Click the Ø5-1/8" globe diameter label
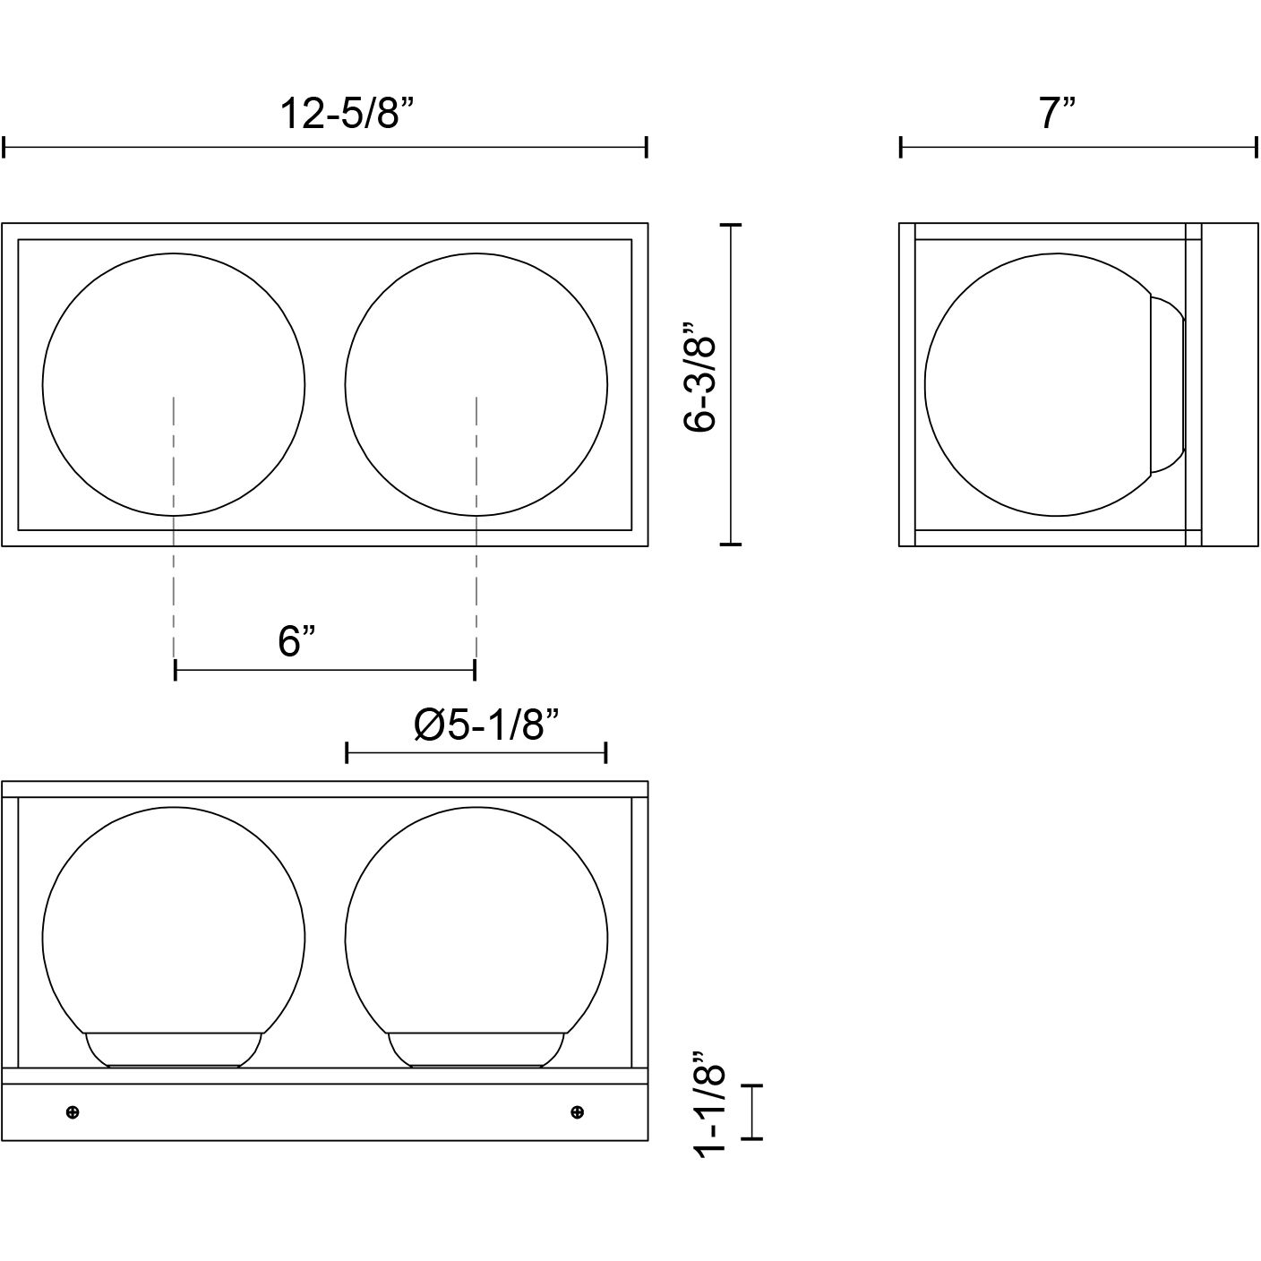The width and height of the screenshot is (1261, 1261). point(487,725)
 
